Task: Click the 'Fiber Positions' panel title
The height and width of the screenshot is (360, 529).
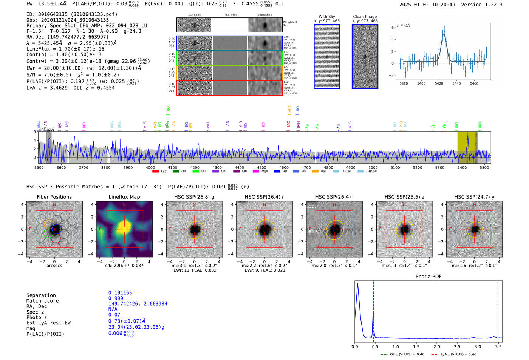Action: tap(54, 197)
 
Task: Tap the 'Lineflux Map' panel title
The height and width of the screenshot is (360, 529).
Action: tap(124, 197)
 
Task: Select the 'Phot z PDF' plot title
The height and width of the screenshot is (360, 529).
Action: tap(428, 277)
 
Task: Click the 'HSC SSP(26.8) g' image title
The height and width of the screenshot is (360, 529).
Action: tap(194, 197)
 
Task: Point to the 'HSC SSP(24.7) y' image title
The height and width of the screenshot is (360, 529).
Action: tap(474, 197)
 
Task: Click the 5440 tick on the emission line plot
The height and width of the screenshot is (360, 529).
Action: tap(456, 83)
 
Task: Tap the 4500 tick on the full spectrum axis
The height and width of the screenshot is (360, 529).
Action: tap(261, 167)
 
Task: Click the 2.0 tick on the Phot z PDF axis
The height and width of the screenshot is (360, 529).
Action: tap(437, 346)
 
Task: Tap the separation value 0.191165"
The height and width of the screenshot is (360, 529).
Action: tap(121, 293)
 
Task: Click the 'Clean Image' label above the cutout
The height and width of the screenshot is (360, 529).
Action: tap(365, 17)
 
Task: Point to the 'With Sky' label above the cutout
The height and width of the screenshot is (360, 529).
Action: tap(326, 17)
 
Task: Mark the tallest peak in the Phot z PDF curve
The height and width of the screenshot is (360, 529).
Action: tap(357, 284)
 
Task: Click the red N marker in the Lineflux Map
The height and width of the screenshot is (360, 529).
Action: tap(124, 205)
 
